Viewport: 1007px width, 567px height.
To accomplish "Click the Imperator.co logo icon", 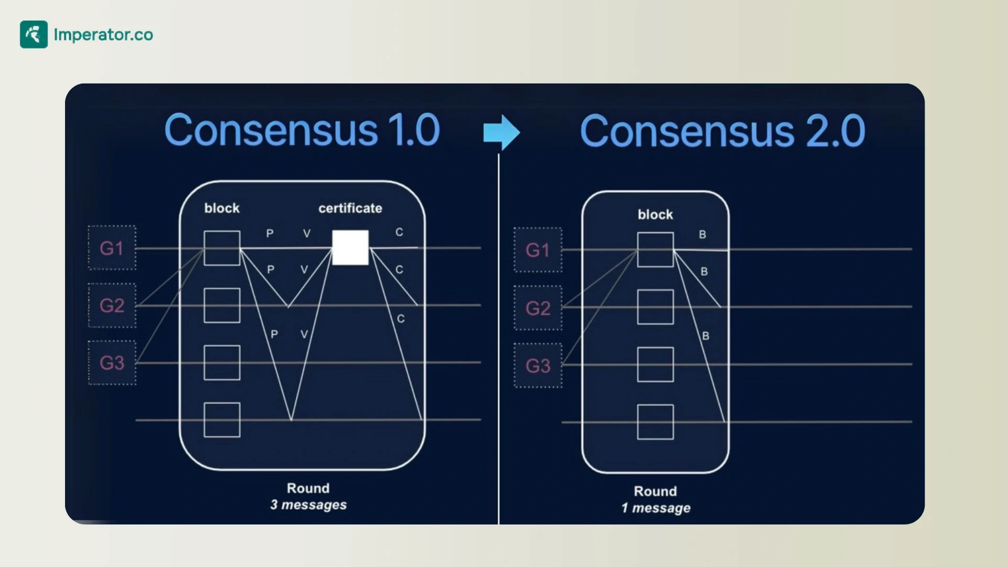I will coord(34,35).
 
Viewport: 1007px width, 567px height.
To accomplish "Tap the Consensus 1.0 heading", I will coord(302,130).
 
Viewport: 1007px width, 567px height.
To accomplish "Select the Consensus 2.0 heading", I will coord(722,131).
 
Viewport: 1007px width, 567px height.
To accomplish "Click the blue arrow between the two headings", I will coord(501,132).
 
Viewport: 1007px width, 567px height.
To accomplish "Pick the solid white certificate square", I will coord(350,248).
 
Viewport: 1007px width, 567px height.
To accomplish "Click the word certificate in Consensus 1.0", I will coord(350,208).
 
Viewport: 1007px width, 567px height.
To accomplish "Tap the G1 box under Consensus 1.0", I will coord(112,248).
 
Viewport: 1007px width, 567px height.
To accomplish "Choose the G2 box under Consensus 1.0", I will coord(112,306).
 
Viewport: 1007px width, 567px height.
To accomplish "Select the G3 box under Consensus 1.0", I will coord(112,363).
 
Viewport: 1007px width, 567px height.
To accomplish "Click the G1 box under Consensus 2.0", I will coord(538,250).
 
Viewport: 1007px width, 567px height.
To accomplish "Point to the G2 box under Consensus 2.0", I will coord(538,308).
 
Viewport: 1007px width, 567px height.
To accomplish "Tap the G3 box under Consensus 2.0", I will coord(538,365).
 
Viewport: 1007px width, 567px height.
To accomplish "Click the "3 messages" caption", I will coord(308,505).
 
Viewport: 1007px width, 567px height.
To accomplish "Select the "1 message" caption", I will coord(656,508).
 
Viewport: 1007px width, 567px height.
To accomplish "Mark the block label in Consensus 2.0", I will coord(655,215).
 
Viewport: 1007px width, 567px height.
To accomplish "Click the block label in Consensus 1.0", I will coord(222,208).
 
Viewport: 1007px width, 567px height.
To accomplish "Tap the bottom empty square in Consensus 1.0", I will coord(222,420).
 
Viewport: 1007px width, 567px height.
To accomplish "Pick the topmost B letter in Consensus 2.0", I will coord(702,235).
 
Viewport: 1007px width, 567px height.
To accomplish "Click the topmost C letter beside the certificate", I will coord(399,232).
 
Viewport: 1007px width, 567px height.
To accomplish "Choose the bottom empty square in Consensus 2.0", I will coord(655,422).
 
